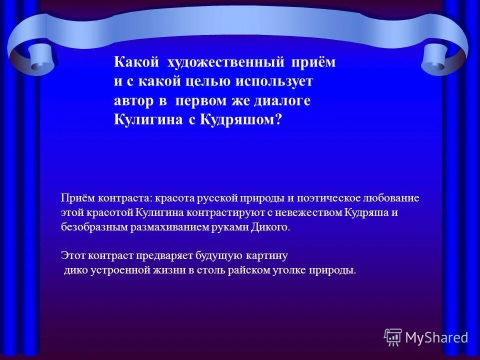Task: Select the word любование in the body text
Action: pos(393,198)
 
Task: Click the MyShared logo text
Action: pos(436,337)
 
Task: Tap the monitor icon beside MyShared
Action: pos(393,337)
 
